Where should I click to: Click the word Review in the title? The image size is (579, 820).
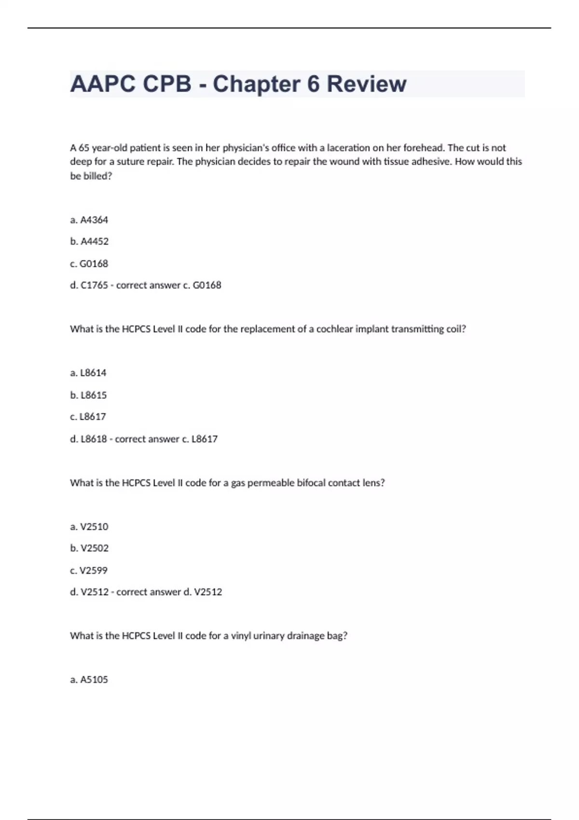(x=366, y=84)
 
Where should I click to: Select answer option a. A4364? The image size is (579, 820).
(x=89, y=220)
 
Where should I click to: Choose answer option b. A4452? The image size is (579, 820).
(x=89, y=241)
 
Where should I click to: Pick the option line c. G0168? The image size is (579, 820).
(x=89, y=263)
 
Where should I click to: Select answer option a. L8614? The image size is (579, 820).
(x=88, y=373)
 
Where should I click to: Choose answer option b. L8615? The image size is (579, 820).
(x=88, y=395)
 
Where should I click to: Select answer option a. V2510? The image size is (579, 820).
(x=89, y=527)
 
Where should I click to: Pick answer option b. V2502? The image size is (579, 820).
(x=89, y=548)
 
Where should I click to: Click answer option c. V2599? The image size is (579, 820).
(x=89, y=570)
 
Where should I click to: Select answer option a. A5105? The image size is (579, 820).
(x=89, y=680)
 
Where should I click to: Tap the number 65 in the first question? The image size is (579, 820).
(x=84, y=148)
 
